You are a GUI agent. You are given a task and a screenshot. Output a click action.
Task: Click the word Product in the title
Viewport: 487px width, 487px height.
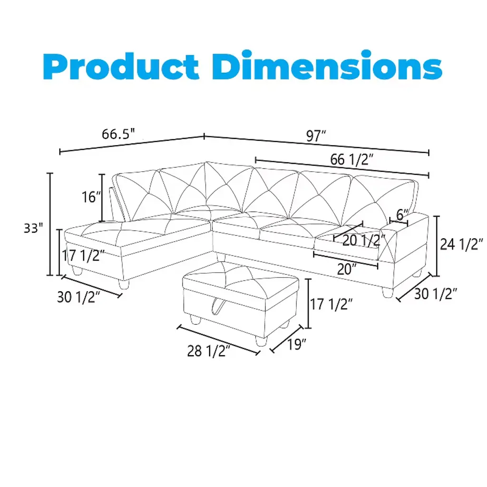[121, 66]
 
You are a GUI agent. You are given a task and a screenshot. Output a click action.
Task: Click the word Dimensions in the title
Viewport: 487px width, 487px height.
[327, 65]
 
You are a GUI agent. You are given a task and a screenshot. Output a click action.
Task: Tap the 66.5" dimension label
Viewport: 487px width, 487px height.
[118, 134]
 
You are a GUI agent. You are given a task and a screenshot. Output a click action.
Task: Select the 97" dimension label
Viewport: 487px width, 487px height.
[316, 136]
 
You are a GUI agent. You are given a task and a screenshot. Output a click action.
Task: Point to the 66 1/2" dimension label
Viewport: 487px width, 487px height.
[351, 159]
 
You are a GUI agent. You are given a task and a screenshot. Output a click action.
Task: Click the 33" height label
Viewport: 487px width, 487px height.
[33, 228]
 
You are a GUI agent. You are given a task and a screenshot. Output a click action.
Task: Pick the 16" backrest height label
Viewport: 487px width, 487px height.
[91, 197]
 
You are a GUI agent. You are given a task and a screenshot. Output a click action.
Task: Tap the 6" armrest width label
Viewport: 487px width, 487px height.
[402, 214]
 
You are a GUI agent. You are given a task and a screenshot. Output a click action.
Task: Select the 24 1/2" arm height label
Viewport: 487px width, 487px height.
[461, 244]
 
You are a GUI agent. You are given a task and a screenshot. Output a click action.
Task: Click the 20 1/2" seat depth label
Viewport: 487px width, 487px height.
[363, 240]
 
